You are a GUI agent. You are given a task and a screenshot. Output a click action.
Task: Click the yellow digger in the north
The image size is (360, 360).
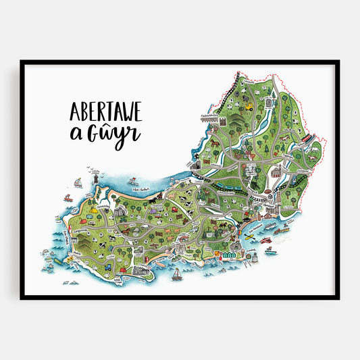point(249,106)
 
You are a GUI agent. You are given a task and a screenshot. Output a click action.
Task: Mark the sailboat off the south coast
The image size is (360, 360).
point(178,273)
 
